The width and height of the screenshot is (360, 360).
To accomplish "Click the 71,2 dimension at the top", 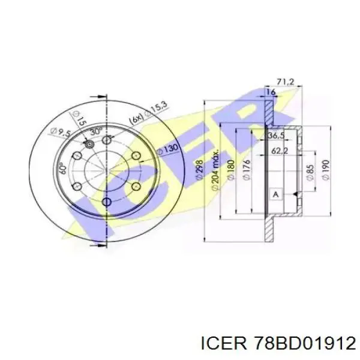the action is (286, 82).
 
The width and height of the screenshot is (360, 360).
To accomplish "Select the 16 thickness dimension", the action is (271, 92).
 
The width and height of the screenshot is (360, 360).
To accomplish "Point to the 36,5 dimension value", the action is (276, 136).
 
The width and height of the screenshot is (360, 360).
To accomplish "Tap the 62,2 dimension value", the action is (280, 151).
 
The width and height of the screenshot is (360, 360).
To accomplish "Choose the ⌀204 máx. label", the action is (215, 170).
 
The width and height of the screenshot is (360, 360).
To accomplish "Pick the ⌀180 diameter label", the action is (231, 170).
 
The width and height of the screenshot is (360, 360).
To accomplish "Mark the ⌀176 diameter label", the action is (247, 170).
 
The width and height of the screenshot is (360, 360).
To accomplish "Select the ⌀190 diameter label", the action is (326, 170).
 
